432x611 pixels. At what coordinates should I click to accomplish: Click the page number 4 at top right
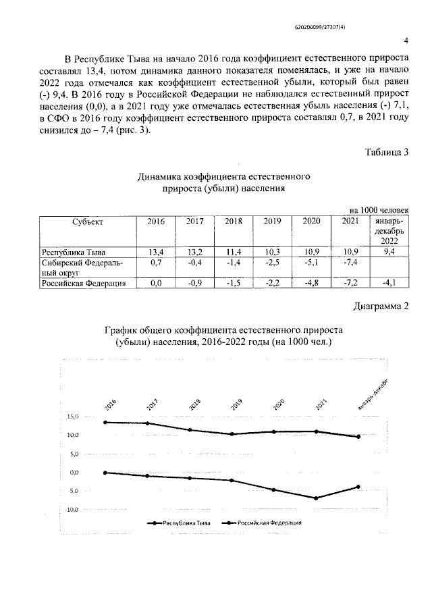pos(406,40)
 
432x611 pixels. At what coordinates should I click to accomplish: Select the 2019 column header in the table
pos(272,221)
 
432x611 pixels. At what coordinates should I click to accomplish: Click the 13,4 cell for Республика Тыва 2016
pos(156,252)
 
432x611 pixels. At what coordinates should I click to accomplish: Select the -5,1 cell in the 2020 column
pos(311,263)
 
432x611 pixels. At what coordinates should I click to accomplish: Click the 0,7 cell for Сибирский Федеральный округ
pos(156,263)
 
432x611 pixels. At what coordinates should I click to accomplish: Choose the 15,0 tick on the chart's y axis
pos(72,417)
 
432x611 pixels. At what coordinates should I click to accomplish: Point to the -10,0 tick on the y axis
pos(72,509)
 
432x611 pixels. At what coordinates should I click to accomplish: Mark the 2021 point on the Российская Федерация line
pos(316,498)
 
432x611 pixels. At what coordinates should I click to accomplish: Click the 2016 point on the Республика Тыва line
pos(105,422)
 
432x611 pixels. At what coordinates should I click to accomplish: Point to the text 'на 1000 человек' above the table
pos(378,211)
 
